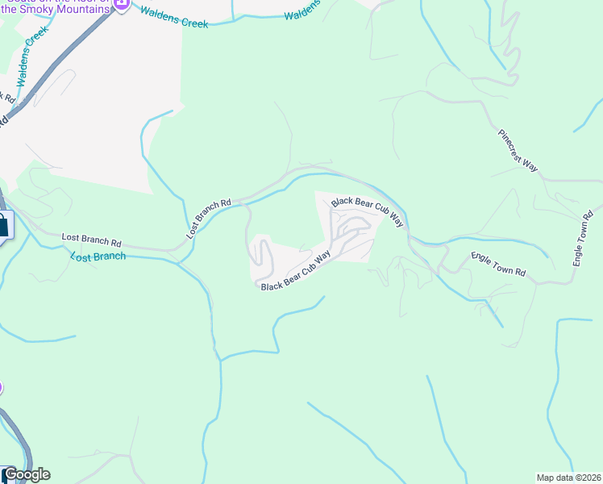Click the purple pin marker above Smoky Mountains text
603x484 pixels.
[x=121, y=3]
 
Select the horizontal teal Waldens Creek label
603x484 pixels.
[x=173, y=18]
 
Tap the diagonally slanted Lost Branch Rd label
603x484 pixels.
[x=209, y=218]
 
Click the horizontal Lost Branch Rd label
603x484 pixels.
[x=91, y=240]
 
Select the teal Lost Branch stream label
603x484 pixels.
[x=98, y=256]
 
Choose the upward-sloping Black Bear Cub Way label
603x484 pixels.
[x=296, y=270]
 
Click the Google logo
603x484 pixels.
[x=26, y=474]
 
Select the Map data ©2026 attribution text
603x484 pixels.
[x=568, y=477]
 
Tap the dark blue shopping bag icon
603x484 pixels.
[x=2, y=225]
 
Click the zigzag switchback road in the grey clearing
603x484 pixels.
[x=260, y=257]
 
